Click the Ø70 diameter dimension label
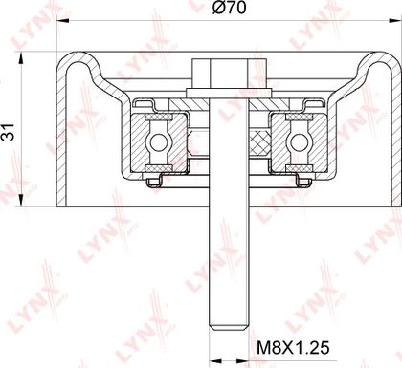[230, 7]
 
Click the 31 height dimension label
[9, 132]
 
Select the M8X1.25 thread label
[293, 347]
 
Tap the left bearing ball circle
[158, 142]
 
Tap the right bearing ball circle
[299, 142]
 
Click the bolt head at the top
[229, 74]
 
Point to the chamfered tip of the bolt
[229, 327]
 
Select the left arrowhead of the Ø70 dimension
[63, 21]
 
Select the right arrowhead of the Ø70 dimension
[395, 21]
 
